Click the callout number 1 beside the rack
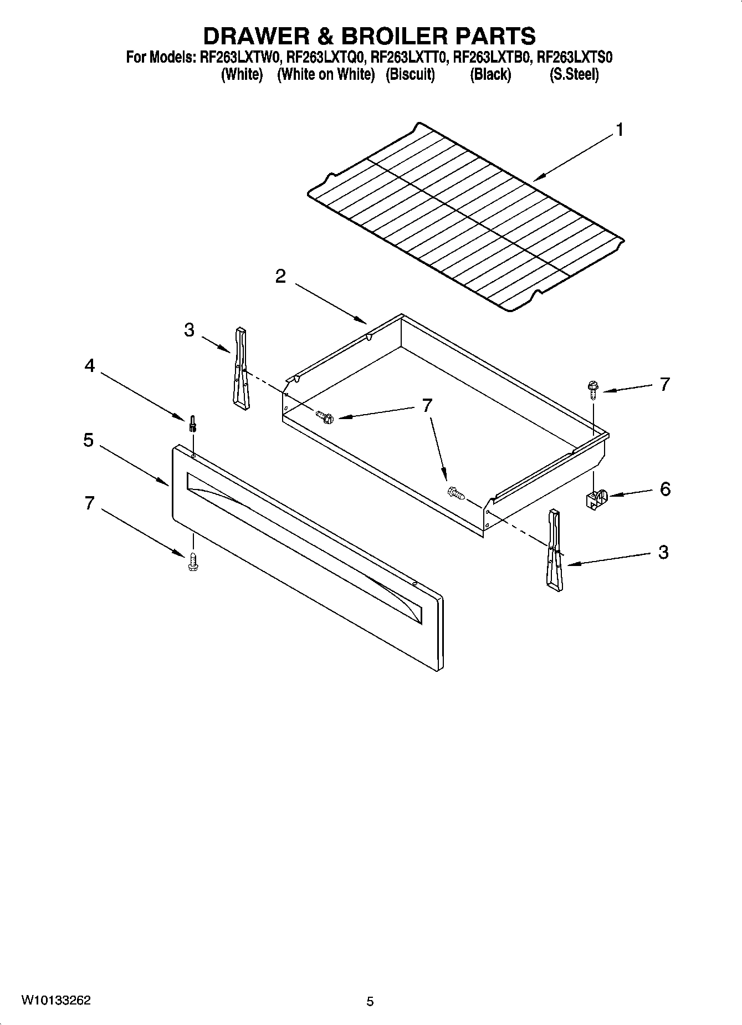(x=620, y=130)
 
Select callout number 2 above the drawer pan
(x=281, y=277)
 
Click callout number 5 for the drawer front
(x=89, y=441)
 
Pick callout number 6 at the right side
(x=665, y=489)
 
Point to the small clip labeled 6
(x=596, y=499)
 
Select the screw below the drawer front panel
(x=193, y=562)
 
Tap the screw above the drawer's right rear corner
(x=593, y=388)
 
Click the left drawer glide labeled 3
(x=240, y=369)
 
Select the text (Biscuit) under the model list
(x=410, y=74)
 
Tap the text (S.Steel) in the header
(x=574, y=74)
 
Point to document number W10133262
(x=57, y=1001)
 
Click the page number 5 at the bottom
(x=370, y=1001)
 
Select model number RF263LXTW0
(x=242, y=57)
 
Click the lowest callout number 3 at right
(x=663, y=552)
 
